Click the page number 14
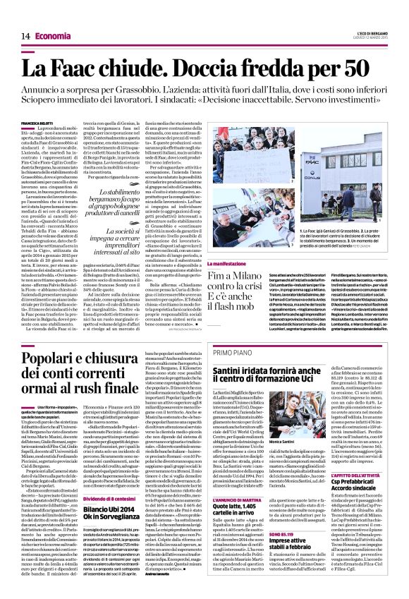(24, 35)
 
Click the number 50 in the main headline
(365, 68)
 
